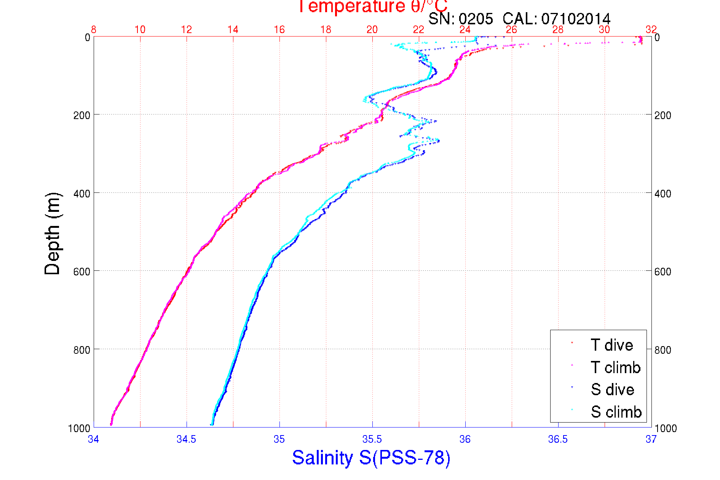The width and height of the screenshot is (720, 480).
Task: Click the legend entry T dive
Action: click(611, 345)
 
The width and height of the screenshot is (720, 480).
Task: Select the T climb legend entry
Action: click(615, 367)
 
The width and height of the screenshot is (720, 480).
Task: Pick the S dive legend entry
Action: click(612, 389)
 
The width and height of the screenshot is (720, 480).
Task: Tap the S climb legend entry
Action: click(616, 412)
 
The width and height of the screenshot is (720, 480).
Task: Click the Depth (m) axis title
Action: click(53, 234)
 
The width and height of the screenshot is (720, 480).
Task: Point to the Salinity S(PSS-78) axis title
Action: click(371, 458)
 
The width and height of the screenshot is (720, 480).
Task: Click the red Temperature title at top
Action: click(372, 6)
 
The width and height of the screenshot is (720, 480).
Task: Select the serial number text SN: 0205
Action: click(460, 19)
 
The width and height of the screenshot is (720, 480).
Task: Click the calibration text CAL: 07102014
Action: click(556, 19)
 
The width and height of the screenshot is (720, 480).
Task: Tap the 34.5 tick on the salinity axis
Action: click(186, 439)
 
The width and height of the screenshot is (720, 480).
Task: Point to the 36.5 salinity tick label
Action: click(558, 439)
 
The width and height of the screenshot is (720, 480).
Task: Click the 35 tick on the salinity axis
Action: click(279, 439)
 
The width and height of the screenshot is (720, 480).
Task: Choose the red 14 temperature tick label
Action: click(233, 30)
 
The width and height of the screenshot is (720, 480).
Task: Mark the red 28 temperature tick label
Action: click(558, 30)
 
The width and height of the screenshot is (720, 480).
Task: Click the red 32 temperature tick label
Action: click(651, 30)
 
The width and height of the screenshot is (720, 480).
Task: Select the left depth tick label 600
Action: click(81, 272)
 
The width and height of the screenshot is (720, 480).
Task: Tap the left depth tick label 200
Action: click(81, 115)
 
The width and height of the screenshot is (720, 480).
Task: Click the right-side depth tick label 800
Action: click(663, 350)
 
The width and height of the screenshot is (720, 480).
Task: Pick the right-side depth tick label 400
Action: click(663, 194)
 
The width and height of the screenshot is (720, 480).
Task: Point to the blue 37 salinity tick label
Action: click(651, 439)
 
